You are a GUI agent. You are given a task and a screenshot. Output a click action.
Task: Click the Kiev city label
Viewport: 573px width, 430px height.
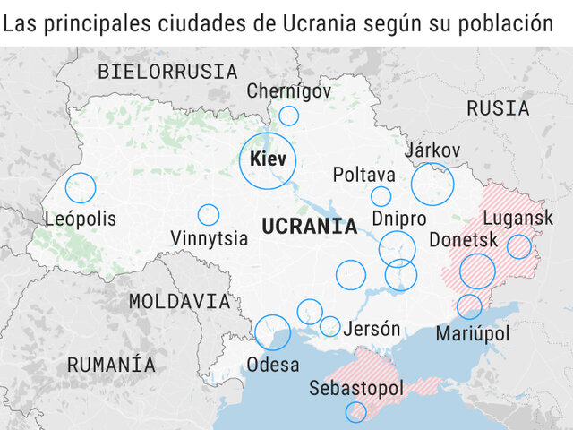269,160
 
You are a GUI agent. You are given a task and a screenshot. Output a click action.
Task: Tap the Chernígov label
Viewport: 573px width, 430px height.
288,90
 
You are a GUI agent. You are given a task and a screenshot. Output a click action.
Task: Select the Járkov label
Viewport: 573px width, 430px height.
432,150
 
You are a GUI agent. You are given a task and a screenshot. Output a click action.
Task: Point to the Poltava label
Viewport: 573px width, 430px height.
363,174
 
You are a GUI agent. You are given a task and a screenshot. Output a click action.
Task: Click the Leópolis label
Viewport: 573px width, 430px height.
81,219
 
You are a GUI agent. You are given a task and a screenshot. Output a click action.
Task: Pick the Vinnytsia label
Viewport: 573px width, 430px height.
209,238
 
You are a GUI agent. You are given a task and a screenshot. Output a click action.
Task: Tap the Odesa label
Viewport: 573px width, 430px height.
273,365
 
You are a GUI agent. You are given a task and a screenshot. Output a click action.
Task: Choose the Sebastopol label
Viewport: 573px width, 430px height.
356,389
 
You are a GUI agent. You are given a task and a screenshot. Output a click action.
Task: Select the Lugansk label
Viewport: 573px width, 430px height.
518,218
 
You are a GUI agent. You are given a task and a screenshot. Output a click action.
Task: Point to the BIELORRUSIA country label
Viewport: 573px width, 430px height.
167,72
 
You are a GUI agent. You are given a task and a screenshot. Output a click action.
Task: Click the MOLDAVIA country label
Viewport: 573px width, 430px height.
179,301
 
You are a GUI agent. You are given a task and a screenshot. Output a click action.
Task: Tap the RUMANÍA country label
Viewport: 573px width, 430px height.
111,365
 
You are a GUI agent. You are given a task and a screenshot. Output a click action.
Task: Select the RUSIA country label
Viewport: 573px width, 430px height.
498,108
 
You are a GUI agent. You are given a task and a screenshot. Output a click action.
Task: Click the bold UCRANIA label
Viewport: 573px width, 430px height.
309,226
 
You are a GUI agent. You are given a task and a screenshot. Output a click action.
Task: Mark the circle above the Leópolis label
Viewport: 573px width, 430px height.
80,187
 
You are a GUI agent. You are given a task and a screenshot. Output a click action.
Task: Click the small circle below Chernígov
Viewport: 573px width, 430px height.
288,116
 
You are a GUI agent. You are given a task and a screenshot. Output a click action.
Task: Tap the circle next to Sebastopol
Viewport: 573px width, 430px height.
355,411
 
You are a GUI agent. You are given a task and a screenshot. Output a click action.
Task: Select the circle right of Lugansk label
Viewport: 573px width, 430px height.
519,246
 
